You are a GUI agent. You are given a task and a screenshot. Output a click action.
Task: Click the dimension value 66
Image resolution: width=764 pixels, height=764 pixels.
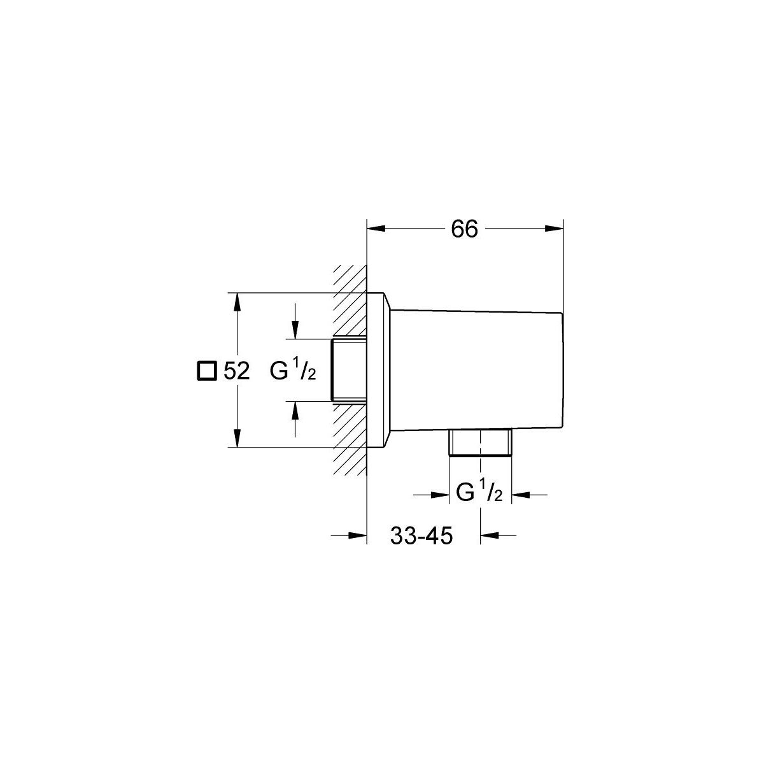(464, 229)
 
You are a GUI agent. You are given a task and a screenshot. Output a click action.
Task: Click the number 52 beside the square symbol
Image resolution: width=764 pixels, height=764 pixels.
(237, 371)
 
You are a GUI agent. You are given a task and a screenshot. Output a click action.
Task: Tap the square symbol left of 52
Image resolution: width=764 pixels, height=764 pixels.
(207, 371)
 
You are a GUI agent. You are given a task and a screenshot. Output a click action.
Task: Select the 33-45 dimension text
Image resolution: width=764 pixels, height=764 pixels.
(421, 535)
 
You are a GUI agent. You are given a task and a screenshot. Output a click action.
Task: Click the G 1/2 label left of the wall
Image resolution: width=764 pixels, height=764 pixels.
(293, 371)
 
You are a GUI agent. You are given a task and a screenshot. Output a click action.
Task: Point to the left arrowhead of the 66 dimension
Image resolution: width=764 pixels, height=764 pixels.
(376, 229)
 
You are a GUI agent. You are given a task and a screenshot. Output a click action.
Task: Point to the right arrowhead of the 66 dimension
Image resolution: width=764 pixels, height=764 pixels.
(554, 229)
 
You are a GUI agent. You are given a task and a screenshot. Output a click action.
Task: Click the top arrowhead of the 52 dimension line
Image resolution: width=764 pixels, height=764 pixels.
(237, 302)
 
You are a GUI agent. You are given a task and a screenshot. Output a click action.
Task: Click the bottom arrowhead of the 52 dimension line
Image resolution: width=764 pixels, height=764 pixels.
(237, 439)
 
